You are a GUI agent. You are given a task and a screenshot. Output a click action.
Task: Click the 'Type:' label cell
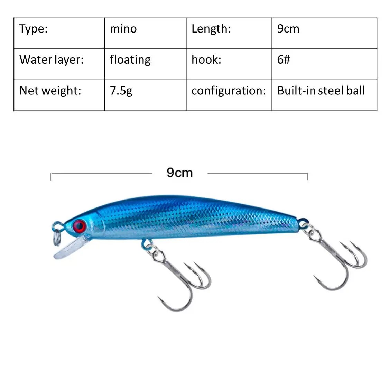(34, 29)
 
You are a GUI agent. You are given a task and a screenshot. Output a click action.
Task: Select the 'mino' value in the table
(123, 29)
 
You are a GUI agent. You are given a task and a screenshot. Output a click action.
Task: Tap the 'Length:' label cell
(211, 29)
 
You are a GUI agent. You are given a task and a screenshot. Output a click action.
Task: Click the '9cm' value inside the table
(288, 29)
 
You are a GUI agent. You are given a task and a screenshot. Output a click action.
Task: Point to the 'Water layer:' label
(52, 60)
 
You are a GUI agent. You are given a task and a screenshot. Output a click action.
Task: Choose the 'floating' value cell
(130, 60)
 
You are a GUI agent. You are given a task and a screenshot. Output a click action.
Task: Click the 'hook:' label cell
(206, 60)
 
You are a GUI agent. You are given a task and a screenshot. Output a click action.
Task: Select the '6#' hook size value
(284, 60)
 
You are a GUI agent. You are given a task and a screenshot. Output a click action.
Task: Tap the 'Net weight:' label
(50, 91)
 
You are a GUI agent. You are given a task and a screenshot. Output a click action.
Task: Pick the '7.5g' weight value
(121, 91)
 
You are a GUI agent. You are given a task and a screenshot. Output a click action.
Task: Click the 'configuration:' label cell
(229, 91)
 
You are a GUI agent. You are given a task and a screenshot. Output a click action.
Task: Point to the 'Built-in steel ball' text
(321, 91)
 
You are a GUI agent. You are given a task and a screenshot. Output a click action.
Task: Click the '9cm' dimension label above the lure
(179, 173)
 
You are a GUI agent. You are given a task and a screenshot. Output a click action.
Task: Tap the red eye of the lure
(79, 226)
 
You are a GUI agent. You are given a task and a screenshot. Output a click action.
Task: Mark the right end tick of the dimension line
(307, 176)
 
